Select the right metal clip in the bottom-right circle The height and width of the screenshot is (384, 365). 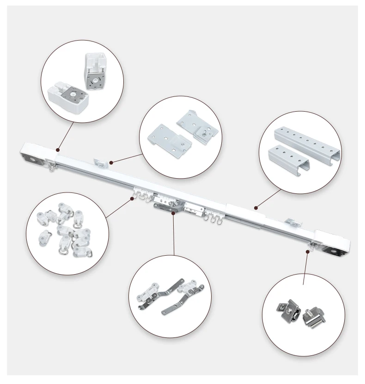pyautogui.click(x=315, y=316)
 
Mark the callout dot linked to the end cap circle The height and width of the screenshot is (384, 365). pyautogui.click(x=58, y=150)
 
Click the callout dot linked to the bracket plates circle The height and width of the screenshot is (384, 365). pyautogui.click(x=111, y=162)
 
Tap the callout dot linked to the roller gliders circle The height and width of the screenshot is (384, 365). pyautogui.click(x=132, y=198)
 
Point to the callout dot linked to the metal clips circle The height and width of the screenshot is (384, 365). pyautogui.click(x=307, y=251)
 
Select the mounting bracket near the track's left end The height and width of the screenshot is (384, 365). pyautogui.click(x=100, y=162)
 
